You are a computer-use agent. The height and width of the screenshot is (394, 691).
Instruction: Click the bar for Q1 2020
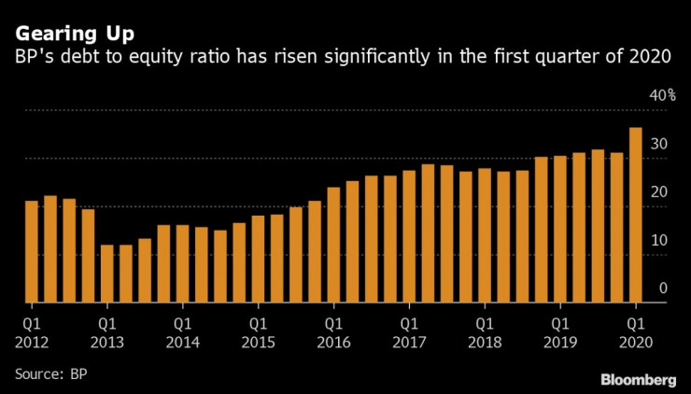tap(635, 215)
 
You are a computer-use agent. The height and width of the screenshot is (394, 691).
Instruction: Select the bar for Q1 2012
tap(32, 251)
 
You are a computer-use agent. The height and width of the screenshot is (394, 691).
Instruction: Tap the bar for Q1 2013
tap(107, 274)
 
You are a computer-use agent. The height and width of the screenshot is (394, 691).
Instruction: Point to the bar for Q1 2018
tap(485, 235)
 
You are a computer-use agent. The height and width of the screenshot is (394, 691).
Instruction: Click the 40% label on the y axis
tap(663, 95)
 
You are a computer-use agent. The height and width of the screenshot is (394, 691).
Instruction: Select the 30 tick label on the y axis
tap(659, 144)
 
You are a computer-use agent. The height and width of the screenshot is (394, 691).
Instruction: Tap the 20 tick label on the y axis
tap(659, 191)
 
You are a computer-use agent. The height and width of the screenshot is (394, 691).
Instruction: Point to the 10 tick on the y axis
tap(659, 240)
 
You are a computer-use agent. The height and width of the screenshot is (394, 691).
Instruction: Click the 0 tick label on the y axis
tap(663, 288)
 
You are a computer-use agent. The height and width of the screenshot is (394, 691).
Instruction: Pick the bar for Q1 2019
tap(560, 229)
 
